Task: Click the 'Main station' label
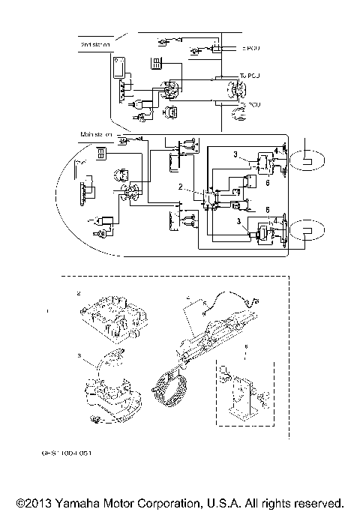pyautogui.click(x=97, y=135)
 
